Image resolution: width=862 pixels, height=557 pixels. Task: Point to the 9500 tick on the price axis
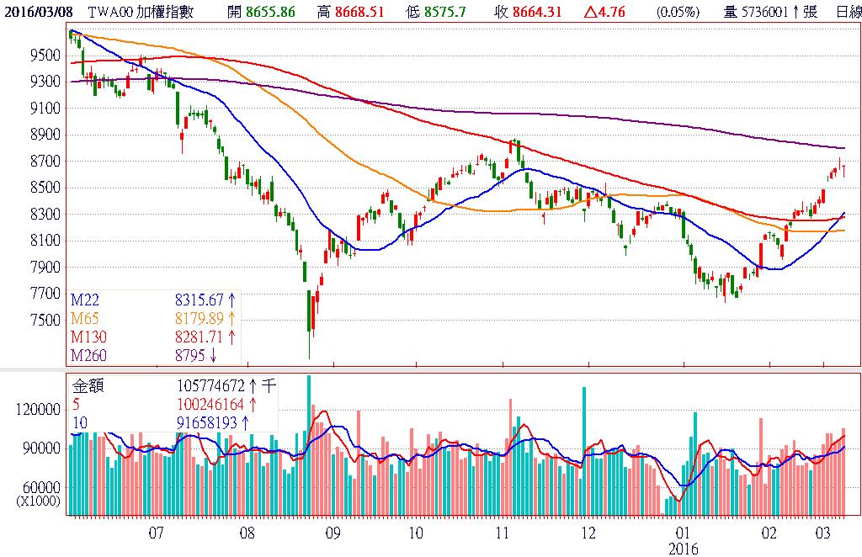(x=43, y=55)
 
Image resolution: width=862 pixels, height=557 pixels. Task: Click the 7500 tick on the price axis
(x=43, y=320)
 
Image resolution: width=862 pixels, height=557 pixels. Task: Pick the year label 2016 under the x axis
(x=688, y=547)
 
